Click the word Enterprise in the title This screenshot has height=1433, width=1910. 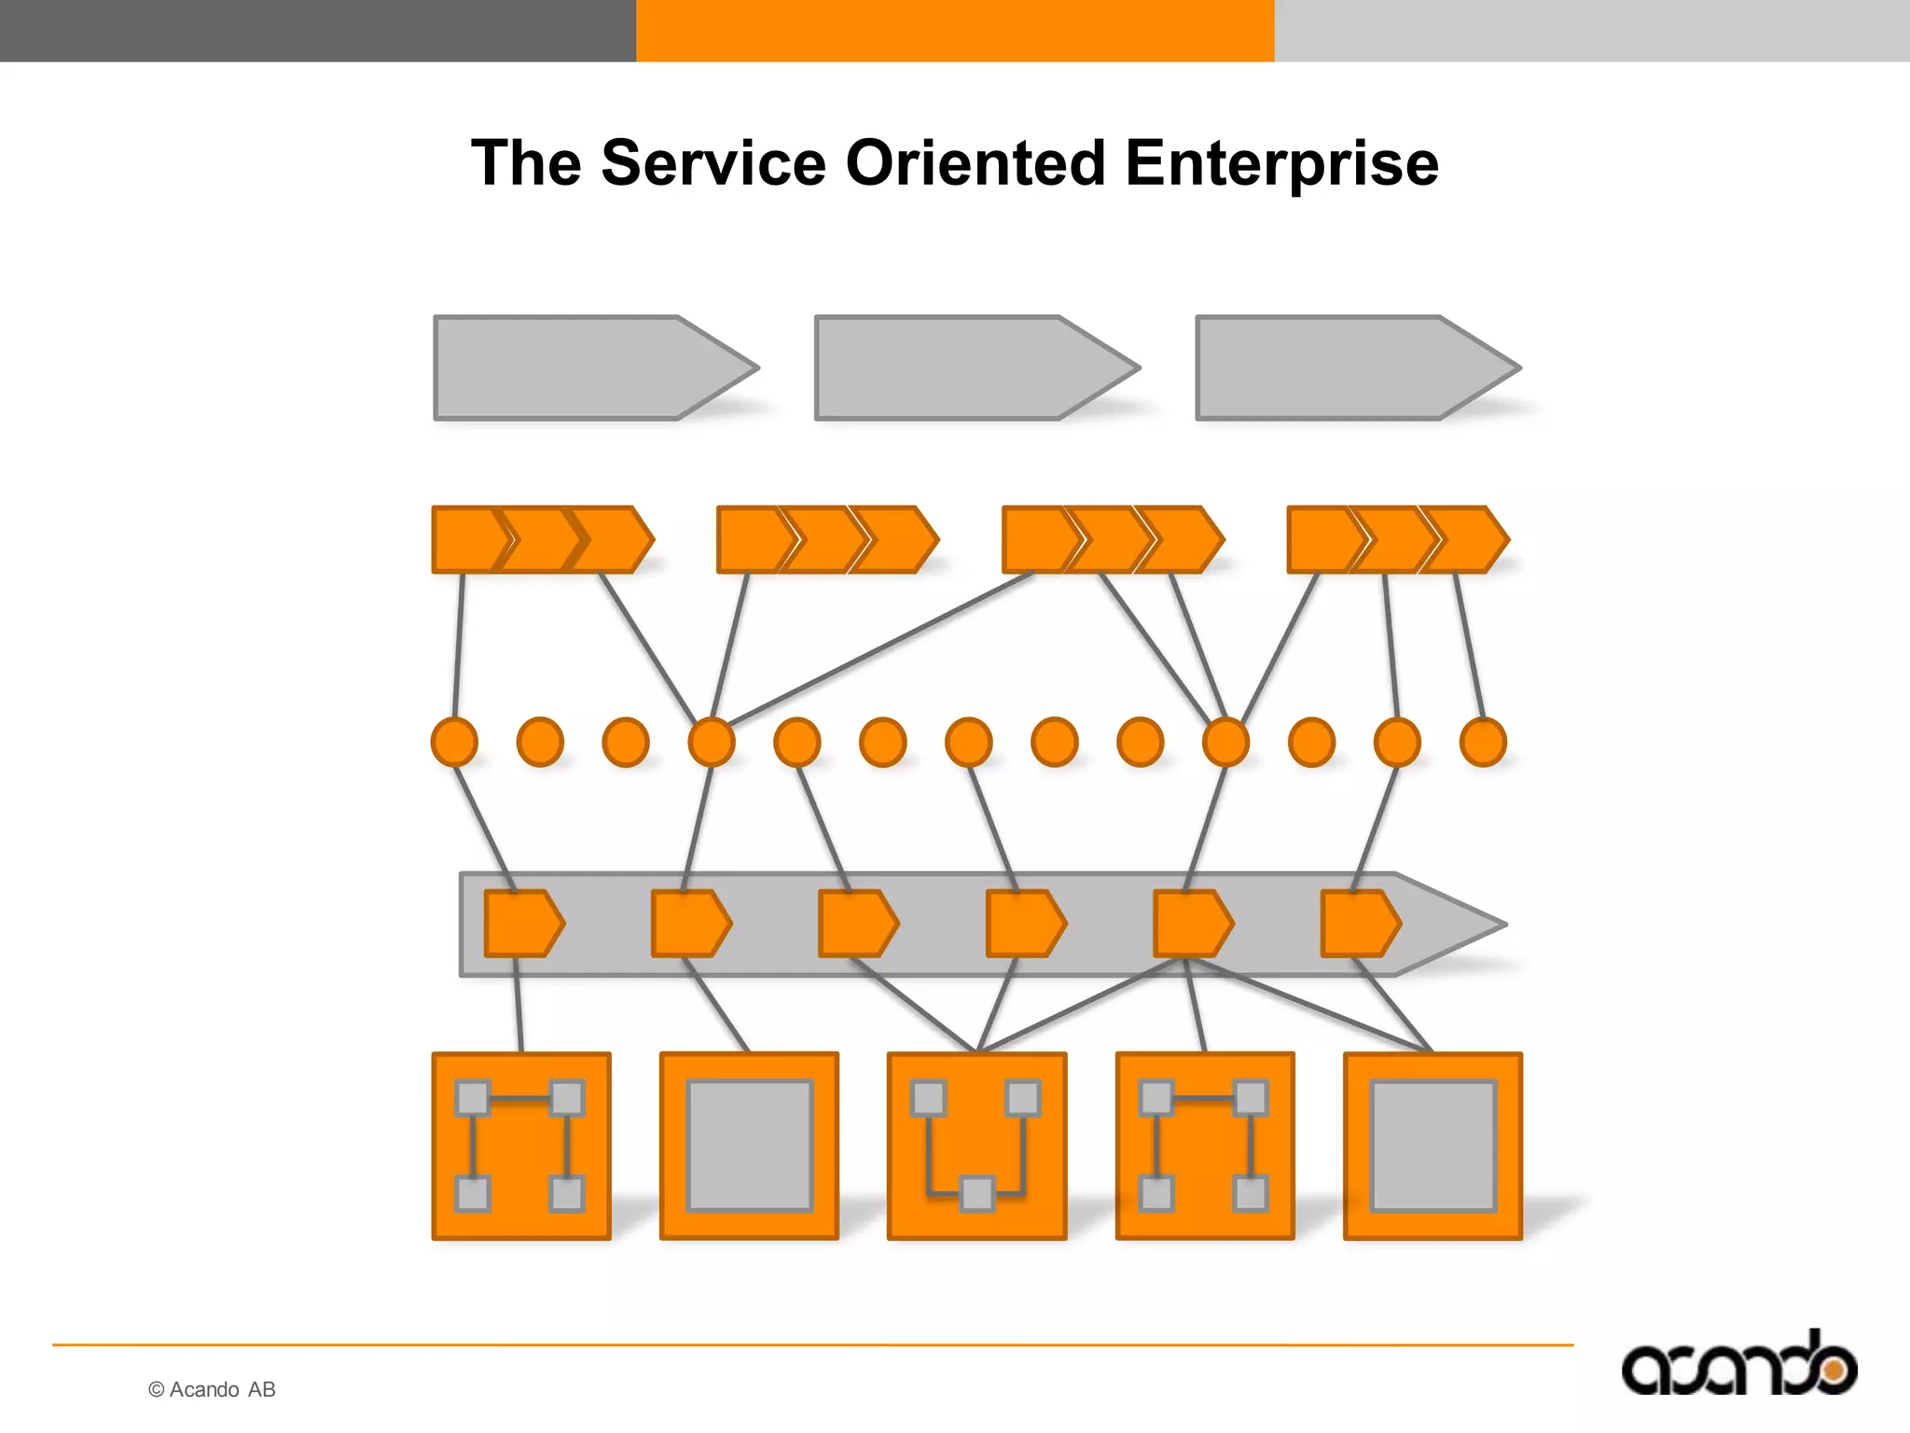[1281, 164]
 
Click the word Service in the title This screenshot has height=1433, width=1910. [713, 164]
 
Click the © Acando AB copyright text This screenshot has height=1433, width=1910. [212, 1389]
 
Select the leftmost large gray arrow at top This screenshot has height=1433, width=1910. [578, 369]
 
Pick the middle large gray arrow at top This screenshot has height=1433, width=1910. [961, 369]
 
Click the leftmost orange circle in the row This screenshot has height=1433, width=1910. [454, 743]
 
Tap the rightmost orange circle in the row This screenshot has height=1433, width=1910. [1483, 743]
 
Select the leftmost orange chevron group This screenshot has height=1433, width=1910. [541, 539]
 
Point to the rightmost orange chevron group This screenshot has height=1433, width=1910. [1396, 539]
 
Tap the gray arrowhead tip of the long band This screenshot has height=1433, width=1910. [1464, 925]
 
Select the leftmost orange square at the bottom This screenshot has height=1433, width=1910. [521, 1147]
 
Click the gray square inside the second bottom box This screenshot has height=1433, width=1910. [749, 1146]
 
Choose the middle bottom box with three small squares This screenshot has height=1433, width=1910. [976, 1147]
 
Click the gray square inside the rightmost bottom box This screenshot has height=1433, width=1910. [1432, 1146]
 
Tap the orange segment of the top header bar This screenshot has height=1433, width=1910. [955, 30]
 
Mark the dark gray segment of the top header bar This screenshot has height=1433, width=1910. [317, 30]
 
